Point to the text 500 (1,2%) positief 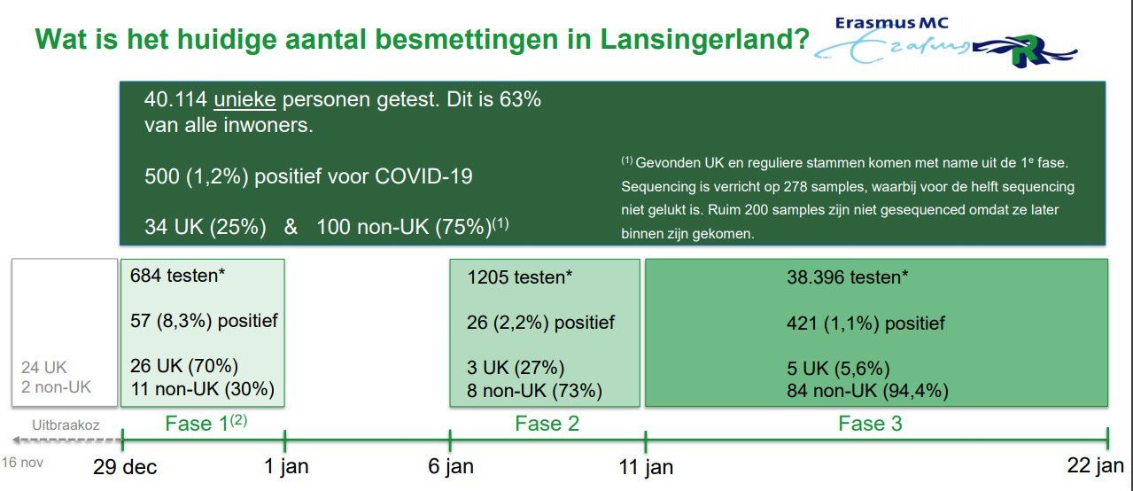308,176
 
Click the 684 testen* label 177,276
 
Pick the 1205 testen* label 519,277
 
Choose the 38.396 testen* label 847,277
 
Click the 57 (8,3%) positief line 204,321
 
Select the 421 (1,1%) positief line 865,323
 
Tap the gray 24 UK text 44,367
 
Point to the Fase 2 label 547,424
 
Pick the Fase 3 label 870,424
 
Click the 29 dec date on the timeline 125,467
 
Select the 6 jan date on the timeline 451,467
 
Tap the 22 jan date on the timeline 1095,467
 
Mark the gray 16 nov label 22,463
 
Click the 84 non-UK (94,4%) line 867,391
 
